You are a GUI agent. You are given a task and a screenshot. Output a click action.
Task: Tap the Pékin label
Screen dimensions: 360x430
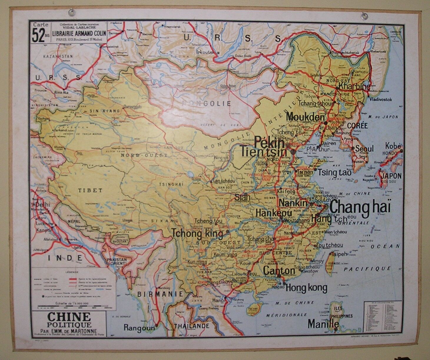click(x=269, y=144)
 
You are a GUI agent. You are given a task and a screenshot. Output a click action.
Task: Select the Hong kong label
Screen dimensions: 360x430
click(x=306, y=288)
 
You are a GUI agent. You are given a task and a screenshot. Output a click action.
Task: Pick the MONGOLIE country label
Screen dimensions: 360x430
click(x=207, y=103)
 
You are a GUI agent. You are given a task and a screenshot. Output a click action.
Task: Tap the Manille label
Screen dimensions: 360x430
click(x=323, y=324)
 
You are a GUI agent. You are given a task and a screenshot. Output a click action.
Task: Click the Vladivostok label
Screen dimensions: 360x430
click(x=381, y=100)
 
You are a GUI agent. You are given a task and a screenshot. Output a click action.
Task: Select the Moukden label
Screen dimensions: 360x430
click(x=305, y=117)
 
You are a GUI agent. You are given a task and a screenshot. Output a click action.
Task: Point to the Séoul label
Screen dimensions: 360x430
click(x=364, y=149)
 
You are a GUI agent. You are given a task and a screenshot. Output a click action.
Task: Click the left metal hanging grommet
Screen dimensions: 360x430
click(x=71, y=12)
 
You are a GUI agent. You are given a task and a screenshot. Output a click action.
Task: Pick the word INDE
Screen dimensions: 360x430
click(x=65, y=258)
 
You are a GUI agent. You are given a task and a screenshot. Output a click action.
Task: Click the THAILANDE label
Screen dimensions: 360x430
click(x=192, y=326)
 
